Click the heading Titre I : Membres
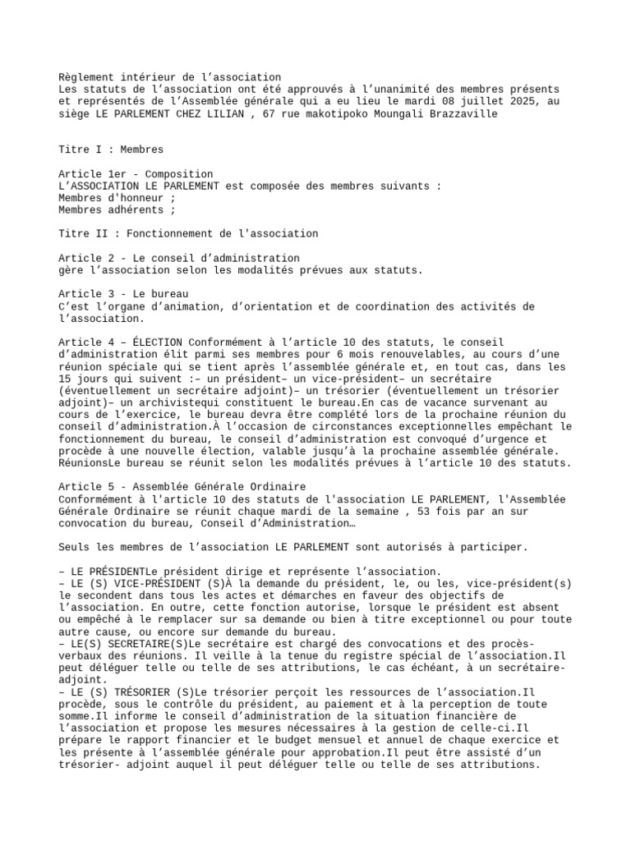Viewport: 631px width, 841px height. pos(111,149)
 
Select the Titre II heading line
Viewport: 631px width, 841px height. pos(188,234)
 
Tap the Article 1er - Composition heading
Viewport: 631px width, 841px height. pos(136,174)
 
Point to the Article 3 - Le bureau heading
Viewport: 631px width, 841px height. pos(123,294)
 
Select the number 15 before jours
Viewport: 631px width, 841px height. pos(65,379)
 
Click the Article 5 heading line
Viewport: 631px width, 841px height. pos(182,487)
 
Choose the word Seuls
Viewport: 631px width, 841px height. pos(76,547)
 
